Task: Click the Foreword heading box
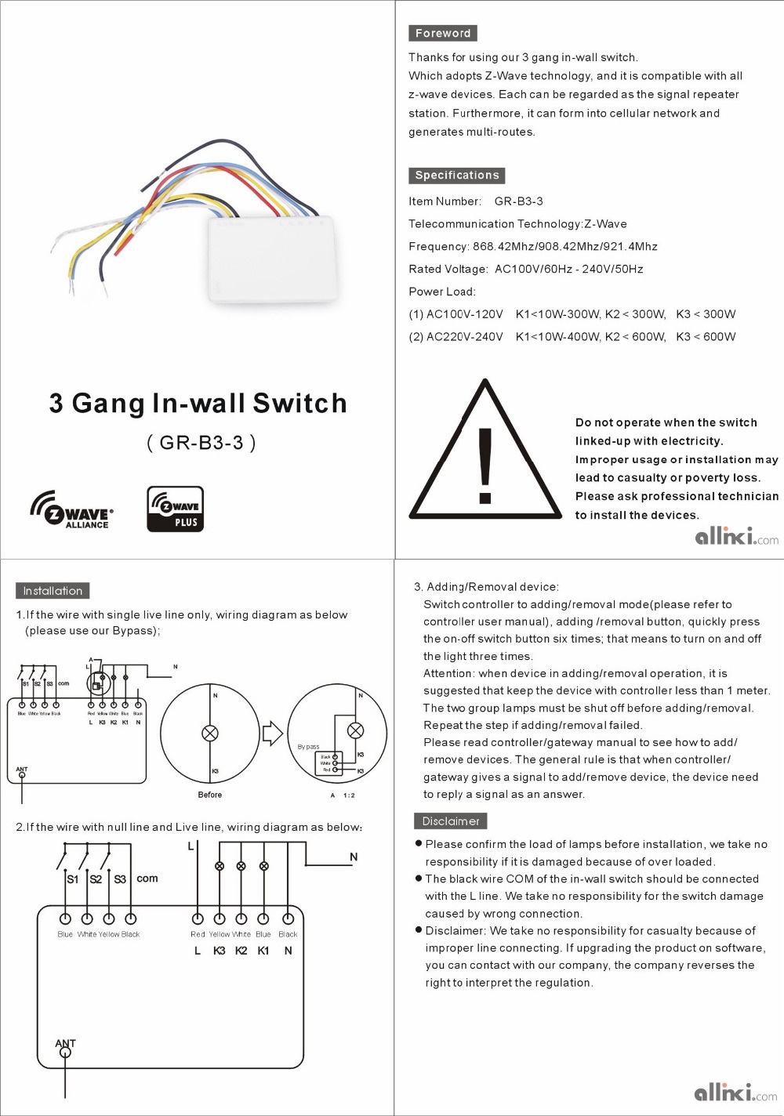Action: [x=442, y=33]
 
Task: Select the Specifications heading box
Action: [x=456, y=176]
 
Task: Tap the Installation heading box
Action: [x=53, y=591]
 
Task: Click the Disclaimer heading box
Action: [x=450, y=821]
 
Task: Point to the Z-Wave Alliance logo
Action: [x=71, y=510]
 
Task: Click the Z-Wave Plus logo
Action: [x=176, y=509]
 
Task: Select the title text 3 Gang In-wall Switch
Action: [x=198, y=403]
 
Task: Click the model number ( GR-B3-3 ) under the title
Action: [x=201, y=443]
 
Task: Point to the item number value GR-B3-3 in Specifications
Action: [x=518, y=201]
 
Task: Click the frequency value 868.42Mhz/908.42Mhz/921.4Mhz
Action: [x=564, y=246]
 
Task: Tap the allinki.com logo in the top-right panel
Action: [x=736, y=537]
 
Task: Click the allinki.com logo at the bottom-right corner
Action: [x=735, y=1092]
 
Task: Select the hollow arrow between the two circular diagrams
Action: [x=272, y=734]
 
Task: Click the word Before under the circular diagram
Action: [x=209, y=795]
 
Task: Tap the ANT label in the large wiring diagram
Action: [x=65, y=1043]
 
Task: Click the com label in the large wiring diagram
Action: [x=147, y=879]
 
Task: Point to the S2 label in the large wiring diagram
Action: [x=96, y=879]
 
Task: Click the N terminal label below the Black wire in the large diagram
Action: [x=288, y=951]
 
